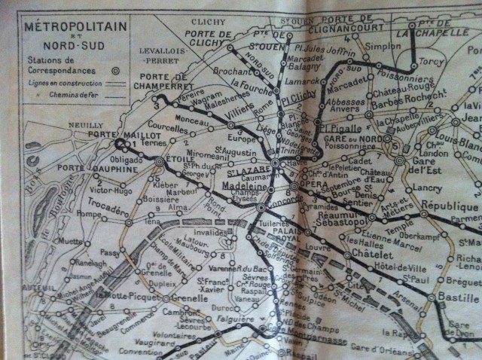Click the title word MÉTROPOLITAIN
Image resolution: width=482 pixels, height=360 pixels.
click(x=76, y=26)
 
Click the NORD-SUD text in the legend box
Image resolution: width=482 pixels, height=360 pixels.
click(x=76, y=46)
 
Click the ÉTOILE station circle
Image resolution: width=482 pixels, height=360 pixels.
click(x=159, y=161)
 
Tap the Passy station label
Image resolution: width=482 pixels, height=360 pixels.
click(x=109, y=253)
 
